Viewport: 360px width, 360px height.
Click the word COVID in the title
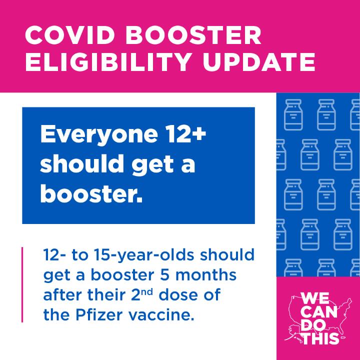coord(70,35)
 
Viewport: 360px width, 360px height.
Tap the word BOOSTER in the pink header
coord(193,35)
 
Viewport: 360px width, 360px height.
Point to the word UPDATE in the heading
coord(259,62)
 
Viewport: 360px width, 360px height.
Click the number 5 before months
coord(164,275)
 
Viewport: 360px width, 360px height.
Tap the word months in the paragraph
coord(206,275)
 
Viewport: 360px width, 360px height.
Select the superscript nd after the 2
coord(147,292)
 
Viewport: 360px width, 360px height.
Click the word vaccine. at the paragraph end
coord(161,315)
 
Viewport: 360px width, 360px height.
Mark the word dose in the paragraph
coord(177,295)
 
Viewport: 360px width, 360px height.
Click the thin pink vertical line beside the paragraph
coord(22,284)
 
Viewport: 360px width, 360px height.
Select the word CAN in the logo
coord(320,312)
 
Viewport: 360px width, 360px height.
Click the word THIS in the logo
coord(321,338)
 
